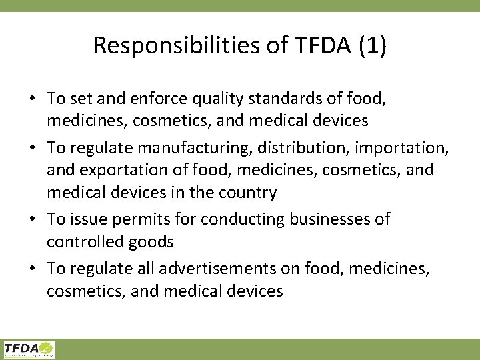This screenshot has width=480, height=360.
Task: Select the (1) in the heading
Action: click(x=372, y=45)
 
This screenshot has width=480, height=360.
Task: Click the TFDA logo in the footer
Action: click(x=29, y=349)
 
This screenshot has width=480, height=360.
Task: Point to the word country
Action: click(x=251, y=193)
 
